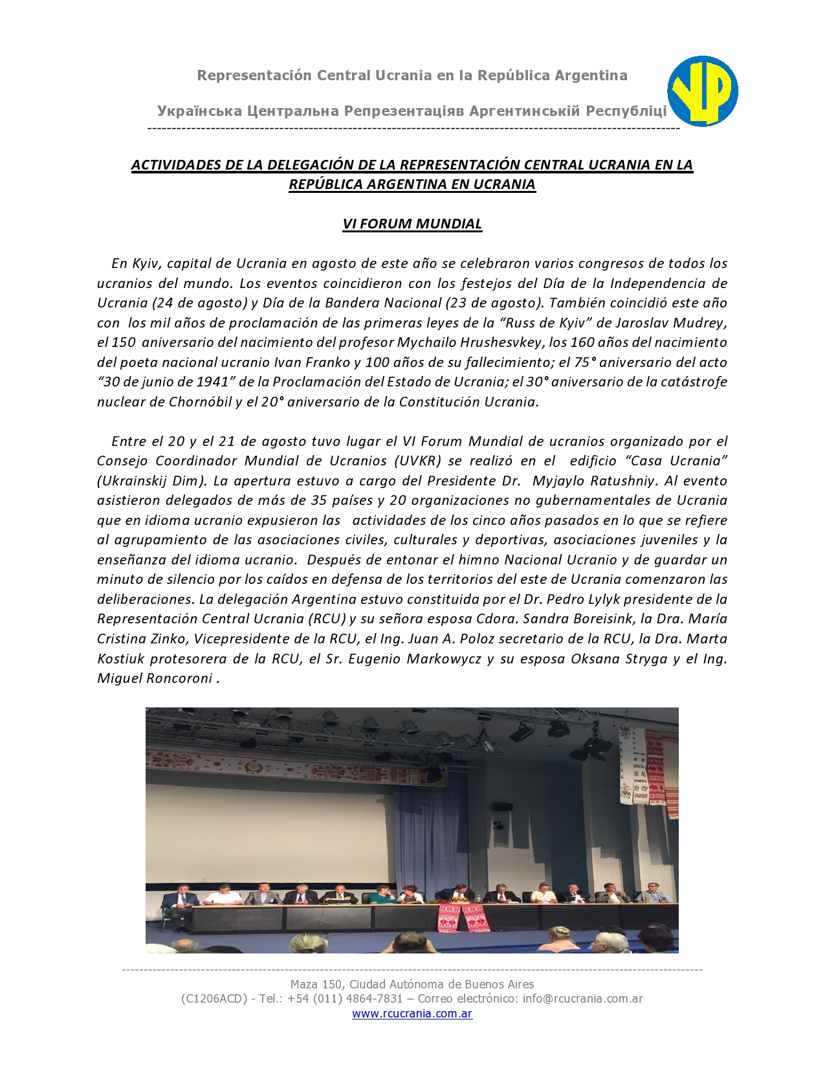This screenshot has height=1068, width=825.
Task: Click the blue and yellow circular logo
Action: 703,91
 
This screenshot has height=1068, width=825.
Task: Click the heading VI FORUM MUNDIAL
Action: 412,224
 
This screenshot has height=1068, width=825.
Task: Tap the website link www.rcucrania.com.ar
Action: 412,1014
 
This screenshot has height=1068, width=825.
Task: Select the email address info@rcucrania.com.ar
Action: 582,999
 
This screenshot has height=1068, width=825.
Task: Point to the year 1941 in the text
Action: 215,382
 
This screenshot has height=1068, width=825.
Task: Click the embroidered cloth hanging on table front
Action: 462,918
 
